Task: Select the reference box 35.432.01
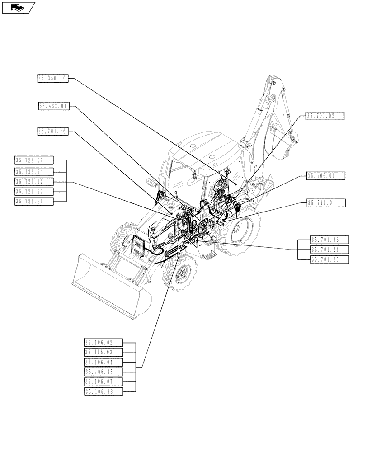tap(53, 106)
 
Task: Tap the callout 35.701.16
tap(52, 132)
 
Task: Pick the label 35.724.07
tap(34, 160)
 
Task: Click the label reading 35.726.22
tap(34, 182)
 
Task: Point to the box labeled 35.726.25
tap(34, 202)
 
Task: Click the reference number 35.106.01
tap(325, 175)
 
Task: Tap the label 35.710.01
tap(325, 203)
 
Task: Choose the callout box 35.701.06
tap(330, 240)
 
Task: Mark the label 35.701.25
tap(330, 259)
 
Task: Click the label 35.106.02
tap(103, 343)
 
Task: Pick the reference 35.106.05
tap(103, 372)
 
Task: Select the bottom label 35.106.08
tap(103, 391)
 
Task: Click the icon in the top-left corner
tap(18, 7)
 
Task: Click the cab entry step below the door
tap(211, 256)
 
